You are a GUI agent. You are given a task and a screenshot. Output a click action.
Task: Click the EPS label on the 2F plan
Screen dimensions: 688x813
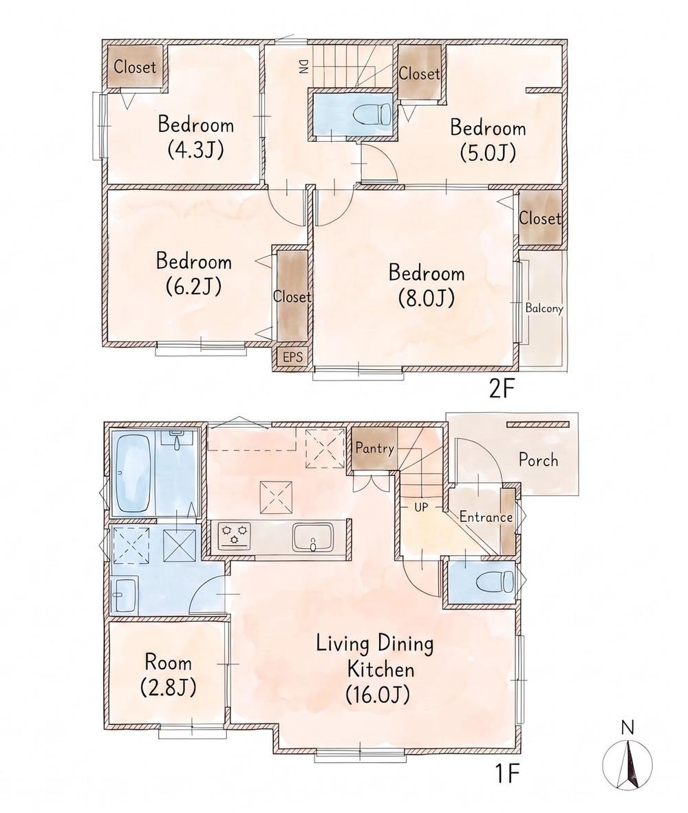[292, 357]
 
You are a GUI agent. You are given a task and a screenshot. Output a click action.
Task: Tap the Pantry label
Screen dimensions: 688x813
[374, 448]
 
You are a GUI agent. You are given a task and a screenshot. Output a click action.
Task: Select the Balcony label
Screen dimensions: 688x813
[544, 308]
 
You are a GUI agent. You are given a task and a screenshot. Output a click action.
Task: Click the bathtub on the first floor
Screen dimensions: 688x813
[134, 473]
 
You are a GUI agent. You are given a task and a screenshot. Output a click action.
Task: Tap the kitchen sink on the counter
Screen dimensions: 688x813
[312, 537]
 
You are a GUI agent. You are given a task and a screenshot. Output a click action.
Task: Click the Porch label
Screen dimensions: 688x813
[538, 460]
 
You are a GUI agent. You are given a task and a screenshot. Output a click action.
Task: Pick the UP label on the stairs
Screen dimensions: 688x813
[421, 506]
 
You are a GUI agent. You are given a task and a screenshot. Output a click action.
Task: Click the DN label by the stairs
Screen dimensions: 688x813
[303, 66]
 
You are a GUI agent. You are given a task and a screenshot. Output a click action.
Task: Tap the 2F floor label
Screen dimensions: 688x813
[501, 389]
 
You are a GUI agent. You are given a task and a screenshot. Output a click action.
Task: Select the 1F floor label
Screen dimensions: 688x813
[506, 774]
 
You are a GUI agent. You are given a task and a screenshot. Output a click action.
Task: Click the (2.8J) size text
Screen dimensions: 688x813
[168, 688]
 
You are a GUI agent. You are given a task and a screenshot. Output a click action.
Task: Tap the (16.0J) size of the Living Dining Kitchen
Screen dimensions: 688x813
[378, 694]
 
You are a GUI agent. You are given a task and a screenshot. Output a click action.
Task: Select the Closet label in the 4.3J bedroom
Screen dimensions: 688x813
[135, 66]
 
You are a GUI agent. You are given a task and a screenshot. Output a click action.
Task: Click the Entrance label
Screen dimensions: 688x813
[486, 517]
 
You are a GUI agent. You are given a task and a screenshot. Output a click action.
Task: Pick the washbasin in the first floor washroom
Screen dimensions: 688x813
[125, 595]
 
